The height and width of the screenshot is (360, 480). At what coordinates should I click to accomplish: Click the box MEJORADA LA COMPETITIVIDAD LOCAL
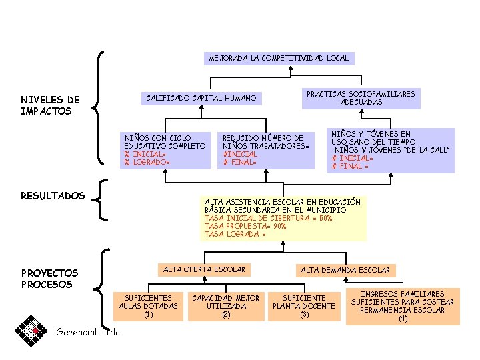278,58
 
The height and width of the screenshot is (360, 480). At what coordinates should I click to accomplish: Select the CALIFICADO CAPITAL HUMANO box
201,99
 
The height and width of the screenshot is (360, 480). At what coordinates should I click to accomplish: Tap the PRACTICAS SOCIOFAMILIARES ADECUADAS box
360,98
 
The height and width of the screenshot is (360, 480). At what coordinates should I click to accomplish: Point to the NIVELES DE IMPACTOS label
50,105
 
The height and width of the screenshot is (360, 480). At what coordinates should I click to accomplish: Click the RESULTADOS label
53,195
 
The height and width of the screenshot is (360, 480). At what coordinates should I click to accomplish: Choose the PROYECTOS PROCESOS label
49,279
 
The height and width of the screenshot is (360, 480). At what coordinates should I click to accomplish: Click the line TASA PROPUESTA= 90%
245,226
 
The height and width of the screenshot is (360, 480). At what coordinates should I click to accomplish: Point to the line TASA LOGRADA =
235,234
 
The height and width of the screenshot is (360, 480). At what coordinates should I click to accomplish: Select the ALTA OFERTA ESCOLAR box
204,269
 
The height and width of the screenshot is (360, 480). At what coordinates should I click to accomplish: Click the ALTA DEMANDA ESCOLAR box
345,270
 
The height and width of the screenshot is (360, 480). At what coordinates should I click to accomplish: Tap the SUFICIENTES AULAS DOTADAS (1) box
148,306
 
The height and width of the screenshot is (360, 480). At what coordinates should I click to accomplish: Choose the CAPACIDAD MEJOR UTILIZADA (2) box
225,306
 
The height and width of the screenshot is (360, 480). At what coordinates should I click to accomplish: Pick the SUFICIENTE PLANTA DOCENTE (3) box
304,306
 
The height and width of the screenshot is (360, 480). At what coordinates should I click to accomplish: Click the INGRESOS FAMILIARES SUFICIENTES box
403,307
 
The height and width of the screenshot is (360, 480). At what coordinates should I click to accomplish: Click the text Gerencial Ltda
88,332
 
